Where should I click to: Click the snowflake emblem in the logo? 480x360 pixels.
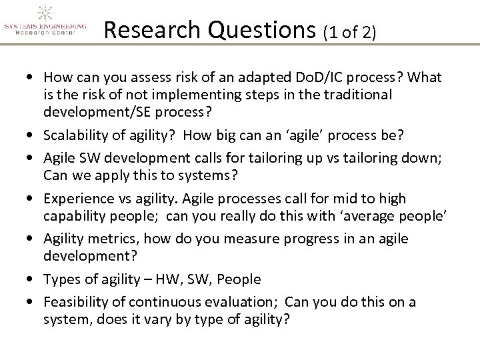point(45,13)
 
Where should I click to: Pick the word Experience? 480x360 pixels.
point(75,199)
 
